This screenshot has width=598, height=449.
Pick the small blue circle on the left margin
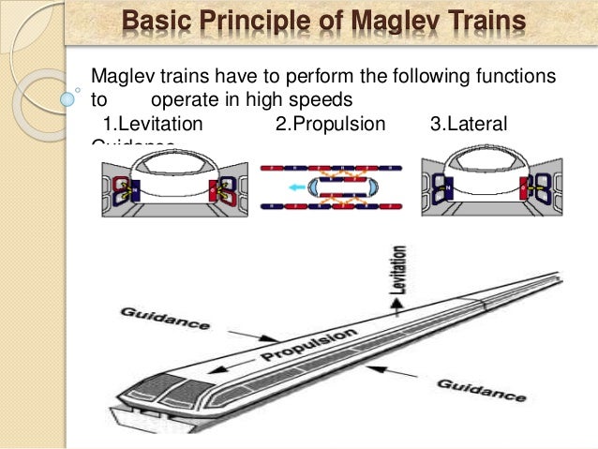point(68,96)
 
